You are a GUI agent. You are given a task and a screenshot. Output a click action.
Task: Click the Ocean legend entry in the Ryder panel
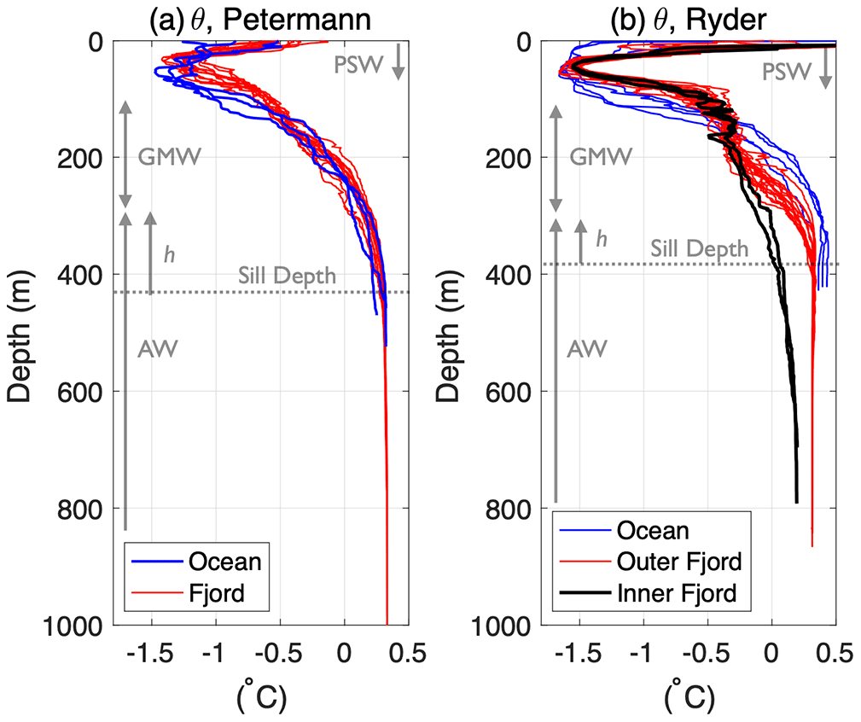click(653, 531)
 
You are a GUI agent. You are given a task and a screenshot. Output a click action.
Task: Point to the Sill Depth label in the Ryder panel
click(700, 249)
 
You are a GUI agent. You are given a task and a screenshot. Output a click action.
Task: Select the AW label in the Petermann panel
click(157, 349)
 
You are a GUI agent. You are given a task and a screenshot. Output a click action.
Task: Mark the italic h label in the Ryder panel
click(601, 240)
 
